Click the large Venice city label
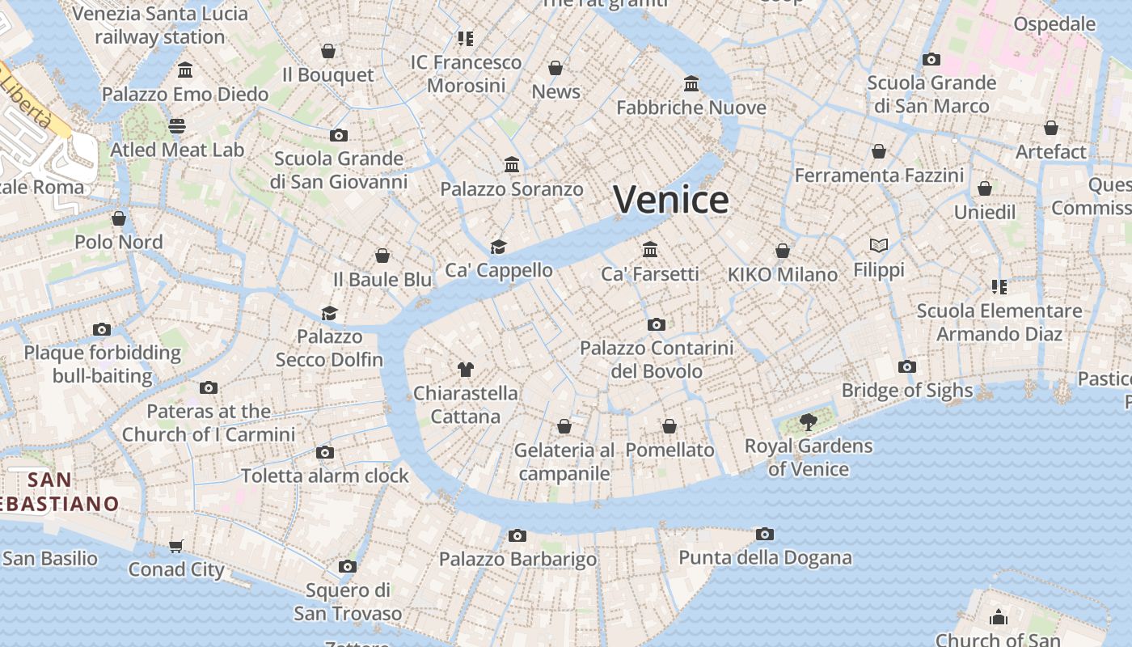click(671, 200)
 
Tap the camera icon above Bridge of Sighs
click(907, 366)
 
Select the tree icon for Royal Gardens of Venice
click(808, 421)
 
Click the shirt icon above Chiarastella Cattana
click(465, 370)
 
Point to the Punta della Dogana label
click(765, 557)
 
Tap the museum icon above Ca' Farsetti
click(650, 249)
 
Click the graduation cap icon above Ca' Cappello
click(498, 246)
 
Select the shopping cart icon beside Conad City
click(176, 546)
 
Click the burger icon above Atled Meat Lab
click(177, 125)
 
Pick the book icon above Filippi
click(879, 244)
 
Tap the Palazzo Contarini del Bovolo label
click(657, 359)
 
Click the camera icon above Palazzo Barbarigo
click(517, 535)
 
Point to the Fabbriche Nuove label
click(691, 108)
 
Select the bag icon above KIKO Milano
click(783, 251)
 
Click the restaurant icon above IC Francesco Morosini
click(465, 38)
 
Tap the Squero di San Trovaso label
click(348, 602)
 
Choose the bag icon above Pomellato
click(669, 426)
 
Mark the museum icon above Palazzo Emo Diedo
click(185, 70)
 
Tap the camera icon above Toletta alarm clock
click(325, 452)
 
